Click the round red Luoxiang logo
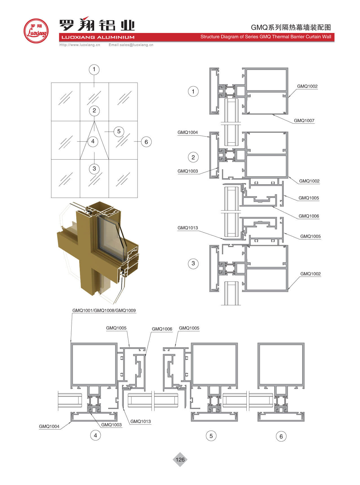[36, 31]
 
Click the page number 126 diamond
[180, 460]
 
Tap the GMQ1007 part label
[304, 121]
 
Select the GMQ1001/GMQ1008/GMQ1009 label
[104, 311]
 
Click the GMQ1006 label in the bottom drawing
[162, 329]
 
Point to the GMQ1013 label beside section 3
[188, 228]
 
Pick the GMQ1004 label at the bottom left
[49, 426]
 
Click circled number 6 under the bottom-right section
[281, 436]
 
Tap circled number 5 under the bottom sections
[211, 436]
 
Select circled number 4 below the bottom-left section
[95, 435]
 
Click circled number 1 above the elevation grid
[94, 69]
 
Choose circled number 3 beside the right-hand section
[193, 263]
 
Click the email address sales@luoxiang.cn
[131, 45]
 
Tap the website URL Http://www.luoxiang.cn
[80, 45]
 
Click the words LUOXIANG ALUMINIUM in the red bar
[98, 37]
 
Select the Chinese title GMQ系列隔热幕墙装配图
[291, 27]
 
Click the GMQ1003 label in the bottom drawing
[111, 425]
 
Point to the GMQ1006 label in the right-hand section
[309, 216]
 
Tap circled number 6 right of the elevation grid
[146, 142]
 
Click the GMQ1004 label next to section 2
[188, 132]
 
